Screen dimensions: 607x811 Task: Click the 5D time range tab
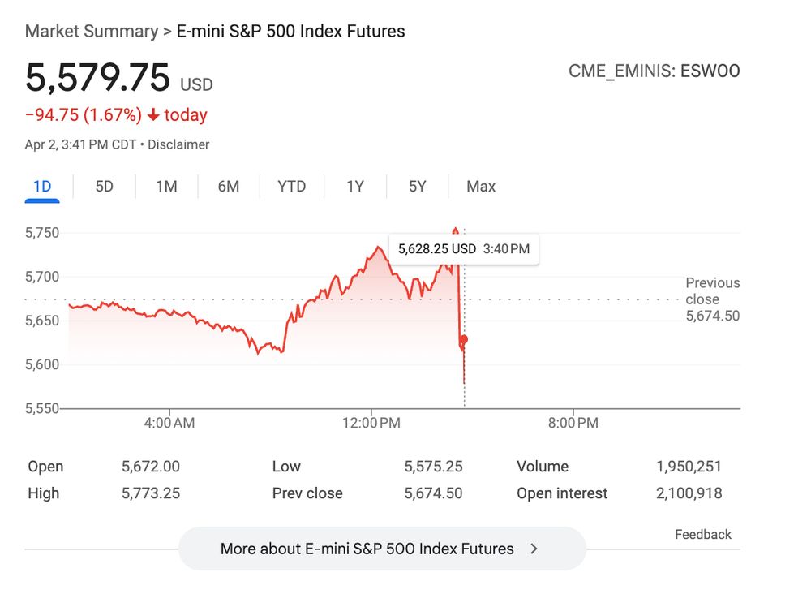tap(104, 187)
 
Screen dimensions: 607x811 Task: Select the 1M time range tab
tap(166, 187)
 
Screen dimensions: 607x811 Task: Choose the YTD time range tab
tap(291, 187)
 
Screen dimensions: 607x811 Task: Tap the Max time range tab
tap(480, 187)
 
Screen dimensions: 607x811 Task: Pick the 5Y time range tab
tap(417, 187)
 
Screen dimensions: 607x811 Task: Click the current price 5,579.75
tap(97, 78)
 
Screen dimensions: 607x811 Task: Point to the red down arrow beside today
tap(153, 115)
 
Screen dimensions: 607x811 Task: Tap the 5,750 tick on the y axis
tap(41, 233)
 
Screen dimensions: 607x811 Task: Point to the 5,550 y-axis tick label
tap(41, 408)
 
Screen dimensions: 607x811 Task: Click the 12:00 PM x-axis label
tap(371, 423)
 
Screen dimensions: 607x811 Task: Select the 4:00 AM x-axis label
tap(169, 423)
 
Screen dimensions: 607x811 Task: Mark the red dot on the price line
tap(463, 339)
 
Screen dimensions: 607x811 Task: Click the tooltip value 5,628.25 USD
tap(436, 249)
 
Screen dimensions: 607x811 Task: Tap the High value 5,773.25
tap(150, 493)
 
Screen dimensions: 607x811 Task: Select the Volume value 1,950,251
tap(689, 467)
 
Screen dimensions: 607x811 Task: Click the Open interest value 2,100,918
tap(689, 493)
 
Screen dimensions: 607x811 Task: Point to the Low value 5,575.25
tap(433, 467)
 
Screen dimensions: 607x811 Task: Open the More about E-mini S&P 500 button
tap(381, 549)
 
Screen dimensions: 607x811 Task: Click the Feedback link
tap(702, 534)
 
